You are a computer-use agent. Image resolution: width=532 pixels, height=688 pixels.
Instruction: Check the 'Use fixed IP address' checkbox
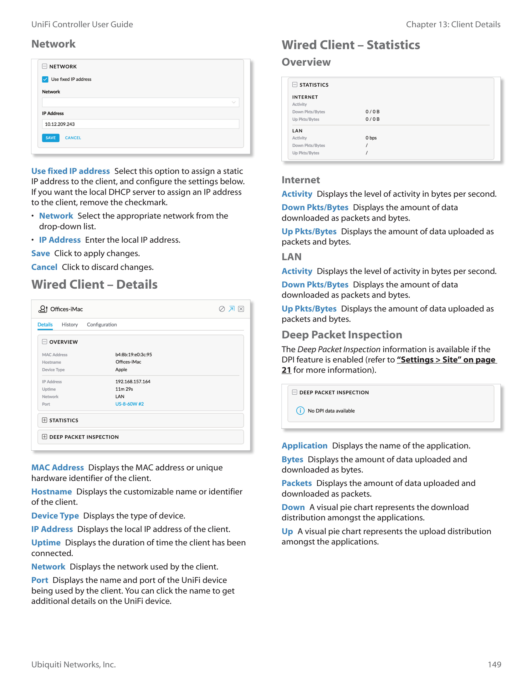[x=45, y=79]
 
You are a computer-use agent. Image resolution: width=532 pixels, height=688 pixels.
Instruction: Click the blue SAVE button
[x=50, y=138]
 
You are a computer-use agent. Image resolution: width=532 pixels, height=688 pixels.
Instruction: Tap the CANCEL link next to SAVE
[x=73, y=138]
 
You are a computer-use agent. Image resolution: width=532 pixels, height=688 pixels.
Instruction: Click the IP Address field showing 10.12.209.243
[x=140, y=124]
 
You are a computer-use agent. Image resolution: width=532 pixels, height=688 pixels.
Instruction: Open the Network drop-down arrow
[x=233, y=102]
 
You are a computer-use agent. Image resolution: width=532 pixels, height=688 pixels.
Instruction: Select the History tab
[x=70, y=325]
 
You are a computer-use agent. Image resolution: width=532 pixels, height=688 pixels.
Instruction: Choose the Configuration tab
[x=102, y=325]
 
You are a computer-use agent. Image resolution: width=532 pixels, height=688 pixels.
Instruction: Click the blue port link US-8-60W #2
[x=130, y=404]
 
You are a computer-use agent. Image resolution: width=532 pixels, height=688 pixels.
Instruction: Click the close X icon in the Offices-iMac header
[x=241, y=309]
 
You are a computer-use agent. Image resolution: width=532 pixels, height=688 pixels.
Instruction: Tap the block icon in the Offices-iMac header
[x=222, y=309]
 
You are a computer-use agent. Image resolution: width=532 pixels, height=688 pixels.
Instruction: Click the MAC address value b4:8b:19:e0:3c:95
[x=134, y=355]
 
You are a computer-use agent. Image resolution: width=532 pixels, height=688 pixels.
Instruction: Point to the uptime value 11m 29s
[x=124, y=389]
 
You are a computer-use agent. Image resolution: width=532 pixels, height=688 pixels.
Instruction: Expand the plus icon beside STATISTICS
[x=45, y=420]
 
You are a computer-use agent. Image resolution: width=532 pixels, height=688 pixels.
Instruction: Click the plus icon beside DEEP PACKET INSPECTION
[x=45, y=437]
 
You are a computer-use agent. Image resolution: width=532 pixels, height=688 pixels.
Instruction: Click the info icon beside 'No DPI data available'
[x=300, y=411]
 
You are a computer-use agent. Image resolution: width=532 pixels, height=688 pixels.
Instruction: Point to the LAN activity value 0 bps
[x=371, y=138]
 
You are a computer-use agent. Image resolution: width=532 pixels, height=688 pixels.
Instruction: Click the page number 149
[x=494, y=665]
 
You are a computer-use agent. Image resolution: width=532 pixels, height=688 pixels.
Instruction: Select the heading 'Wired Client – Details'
[x=95, y=285]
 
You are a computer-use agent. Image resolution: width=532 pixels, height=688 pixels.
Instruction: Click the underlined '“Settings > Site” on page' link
[x=446, y=360]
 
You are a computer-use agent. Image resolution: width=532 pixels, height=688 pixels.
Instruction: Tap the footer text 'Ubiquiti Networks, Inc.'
[x=74, y=665]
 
